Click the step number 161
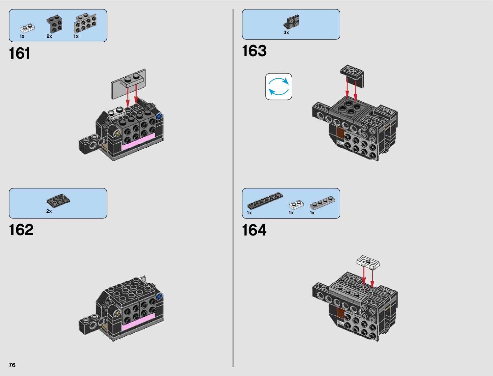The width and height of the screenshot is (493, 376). pyautogui.click(x=20, y=53)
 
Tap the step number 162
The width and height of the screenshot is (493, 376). pyautogui.click(x=21, y=230)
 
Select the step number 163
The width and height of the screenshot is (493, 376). pyautogui.click(x=254, y=51)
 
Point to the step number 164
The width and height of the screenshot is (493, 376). pyautogui.click(x=254, y=230)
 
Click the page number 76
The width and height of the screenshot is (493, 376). pyautogui.click(x=12, y=365)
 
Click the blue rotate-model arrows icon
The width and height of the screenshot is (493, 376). pyautogui.click(x=278, y=87)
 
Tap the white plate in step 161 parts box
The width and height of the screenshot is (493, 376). pyautogui.click(x=27, y=29)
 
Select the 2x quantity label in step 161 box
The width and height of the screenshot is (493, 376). pyautogui.click(x=49, y=36)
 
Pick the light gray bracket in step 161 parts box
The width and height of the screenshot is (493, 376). pyautogui.click(x=85, y=23)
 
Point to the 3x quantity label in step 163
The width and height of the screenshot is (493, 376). pyautogui.click(x=286, y=33)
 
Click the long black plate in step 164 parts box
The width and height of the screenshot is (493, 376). pyautogui.click(x=265, y=200)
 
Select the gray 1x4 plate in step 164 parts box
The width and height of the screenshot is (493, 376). pyautogui.click(x=322, y=202)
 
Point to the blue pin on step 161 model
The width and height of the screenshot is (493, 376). pyautogui.click(x=159, y=116)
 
